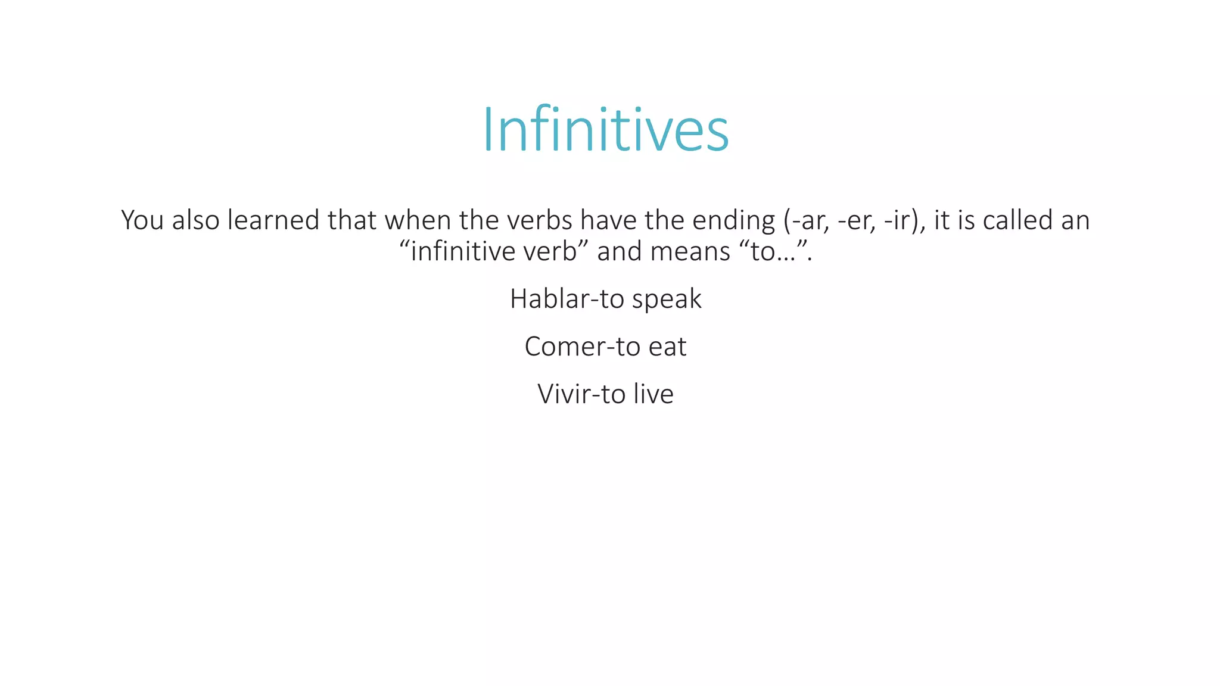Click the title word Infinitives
(605, 130)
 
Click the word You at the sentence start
(142, 220)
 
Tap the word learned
(273, 220)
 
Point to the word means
(690, 252)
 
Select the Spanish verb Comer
(564, 347)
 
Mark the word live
(653, 394)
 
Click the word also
(196, 220)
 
